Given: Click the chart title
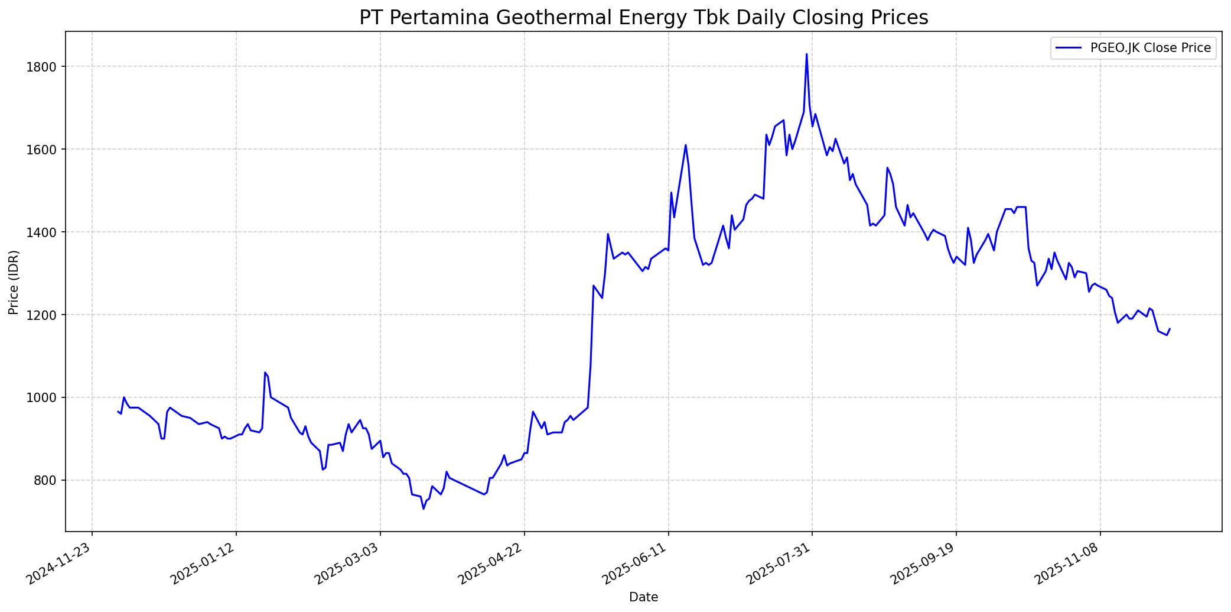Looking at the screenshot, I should pyautogui.click(x=643, y=17).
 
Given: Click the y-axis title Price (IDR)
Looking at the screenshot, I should pyautogui.click(x=14, y=282).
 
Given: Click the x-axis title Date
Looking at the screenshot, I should pyautogui.click(x=643, y=597).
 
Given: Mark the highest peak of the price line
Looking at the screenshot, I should pyautogui.click(x=806, y=54).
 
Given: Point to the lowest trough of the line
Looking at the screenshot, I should pyautogui.click(x=423, y=509).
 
